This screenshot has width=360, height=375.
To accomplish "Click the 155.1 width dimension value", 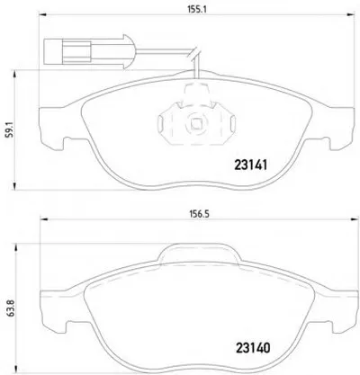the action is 197,9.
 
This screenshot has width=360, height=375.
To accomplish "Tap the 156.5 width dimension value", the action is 199,214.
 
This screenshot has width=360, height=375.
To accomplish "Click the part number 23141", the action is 250,165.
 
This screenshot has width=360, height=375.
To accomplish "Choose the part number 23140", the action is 253,348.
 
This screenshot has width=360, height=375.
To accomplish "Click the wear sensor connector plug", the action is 87,51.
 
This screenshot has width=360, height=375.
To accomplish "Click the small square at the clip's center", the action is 196,123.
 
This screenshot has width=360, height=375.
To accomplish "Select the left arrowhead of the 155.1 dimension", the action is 43,14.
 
